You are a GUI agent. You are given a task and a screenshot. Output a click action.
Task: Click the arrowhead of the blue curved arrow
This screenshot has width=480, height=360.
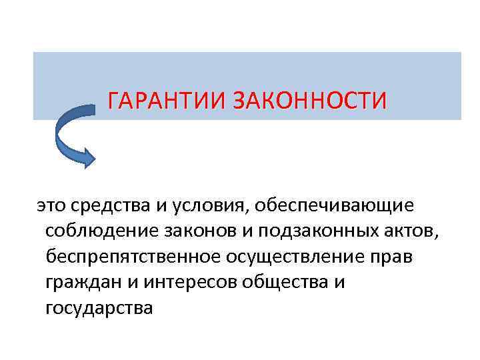(87, 155)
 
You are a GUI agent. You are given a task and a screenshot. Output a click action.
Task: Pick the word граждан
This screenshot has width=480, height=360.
(82, 283)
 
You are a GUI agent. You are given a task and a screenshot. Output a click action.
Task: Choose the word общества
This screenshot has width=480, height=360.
(287, 283)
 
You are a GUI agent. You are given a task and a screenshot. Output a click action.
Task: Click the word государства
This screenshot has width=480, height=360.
(99, 309)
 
